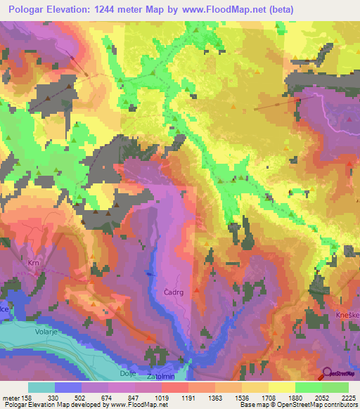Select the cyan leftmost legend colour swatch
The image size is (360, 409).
click(41, 387)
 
